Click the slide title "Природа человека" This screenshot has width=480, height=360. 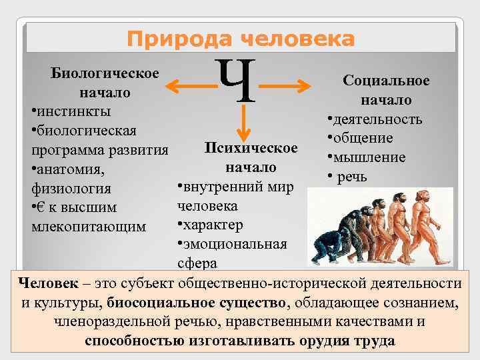(x=241, y=39)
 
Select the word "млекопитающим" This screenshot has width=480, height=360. (x=89, y=226)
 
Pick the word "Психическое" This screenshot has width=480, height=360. (x=251, y=147)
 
